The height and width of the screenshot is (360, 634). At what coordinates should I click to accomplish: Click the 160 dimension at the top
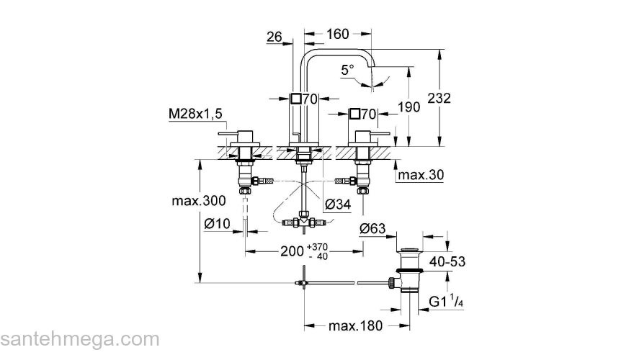tap(338, 34)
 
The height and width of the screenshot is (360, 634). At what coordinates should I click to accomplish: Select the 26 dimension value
tap(274, 37)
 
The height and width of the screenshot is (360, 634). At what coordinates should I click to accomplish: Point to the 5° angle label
tap(347, 70)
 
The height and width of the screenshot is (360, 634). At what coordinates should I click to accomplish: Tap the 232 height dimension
tap(439, 98)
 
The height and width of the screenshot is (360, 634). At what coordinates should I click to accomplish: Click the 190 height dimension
tap(408, 107)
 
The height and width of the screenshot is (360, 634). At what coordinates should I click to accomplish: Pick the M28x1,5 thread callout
tap(195, 114)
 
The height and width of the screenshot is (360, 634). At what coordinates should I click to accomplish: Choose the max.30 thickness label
tap(421, 175)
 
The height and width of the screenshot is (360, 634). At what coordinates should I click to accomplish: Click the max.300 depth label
tap(199, 200)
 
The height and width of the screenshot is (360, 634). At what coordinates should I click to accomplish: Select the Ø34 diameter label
tap(338, 204)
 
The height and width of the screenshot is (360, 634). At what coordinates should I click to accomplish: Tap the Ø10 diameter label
tap(217, 223)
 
